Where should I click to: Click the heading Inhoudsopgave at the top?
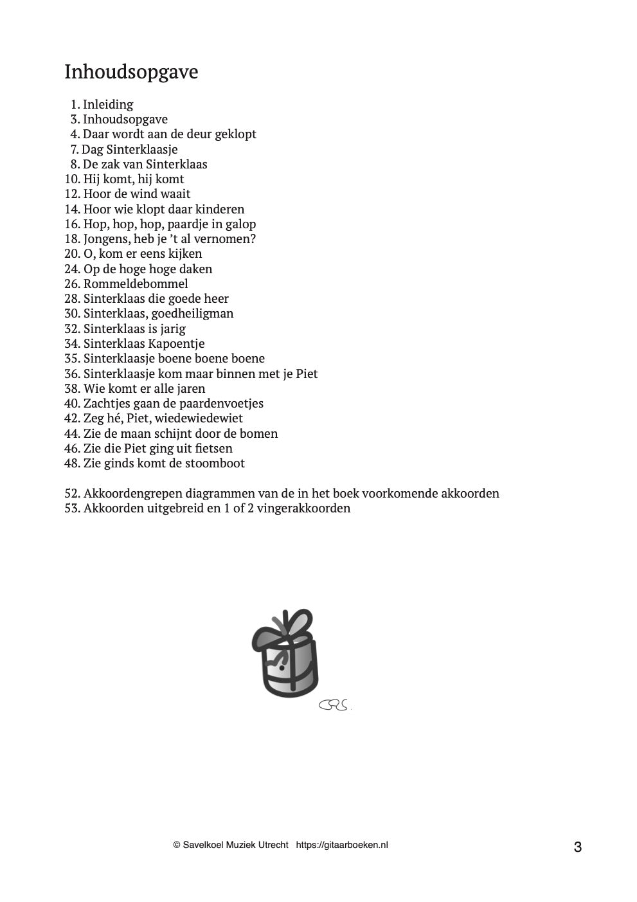point(131,72)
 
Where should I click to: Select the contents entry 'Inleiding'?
point(108,104)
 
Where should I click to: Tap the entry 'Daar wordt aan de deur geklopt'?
point(170,134)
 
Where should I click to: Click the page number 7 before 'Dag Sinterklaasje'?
point(75,149)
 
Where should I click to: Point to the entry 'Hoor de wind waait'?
point(137,194)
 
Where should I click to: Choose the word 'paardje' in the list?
point(190,224)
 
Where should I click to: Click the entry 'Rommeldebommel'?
point(136,284)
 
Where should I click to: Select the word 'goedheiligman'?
point(192,314)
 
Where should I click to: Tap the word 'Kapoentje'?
point(176,343)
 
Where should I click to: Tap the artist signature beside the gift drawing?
point(334,705)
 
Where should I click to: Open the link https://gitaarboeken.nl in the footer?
point(342,845)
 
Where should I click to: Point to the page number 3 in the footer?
point(577,847)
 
